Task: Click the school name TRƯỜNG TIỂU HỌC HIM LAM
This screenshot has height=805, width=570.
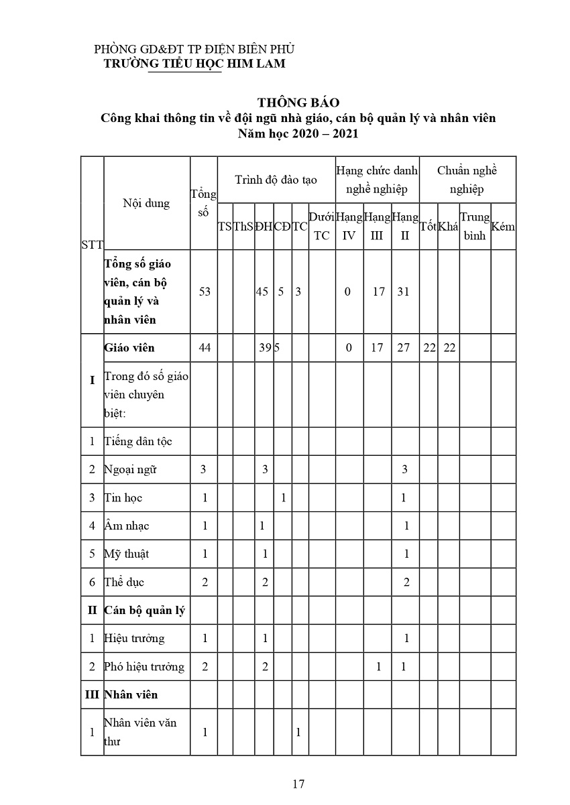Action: coord(194,63)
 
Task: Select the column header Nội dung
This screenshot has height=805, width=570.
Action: coord(146,203)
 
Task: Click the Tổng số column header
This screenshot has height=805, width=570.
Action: coord(204,202)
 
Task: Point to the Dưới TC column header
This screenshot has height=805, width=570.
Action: coord(322,227)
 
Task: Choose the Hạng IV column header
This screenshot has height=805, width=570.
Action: coord(349,227)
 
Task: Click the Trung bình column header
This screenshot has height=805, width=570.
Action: coord(475,227)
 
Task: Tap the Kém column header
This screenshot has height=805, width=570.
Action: coord(503,227)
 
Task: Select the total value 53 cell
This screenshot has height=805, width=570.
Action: coord(204,292)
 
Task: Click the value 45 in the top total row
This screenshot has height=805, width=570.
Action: coord(264,292)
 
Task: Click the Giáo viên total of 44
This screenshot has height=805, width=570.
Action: coord(204,348)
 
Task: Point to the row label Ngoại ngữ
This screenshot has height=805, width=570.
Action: coord(131,469)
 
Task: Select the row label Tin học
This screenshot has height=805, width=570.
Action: coord(124,497)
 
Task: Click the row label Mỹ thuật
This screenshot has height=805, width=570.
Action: coord(127,554)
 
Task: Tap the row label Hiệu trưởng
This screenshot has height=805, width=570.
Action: coord(135,638)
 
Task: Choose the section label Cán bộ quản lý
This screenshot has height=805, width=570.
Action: coord(145,610)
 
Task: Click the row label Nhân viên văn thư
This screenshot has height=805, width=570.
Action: coord(139,732)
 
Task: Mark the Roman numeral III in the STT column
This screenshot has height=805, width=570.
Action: coord(92,694)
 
